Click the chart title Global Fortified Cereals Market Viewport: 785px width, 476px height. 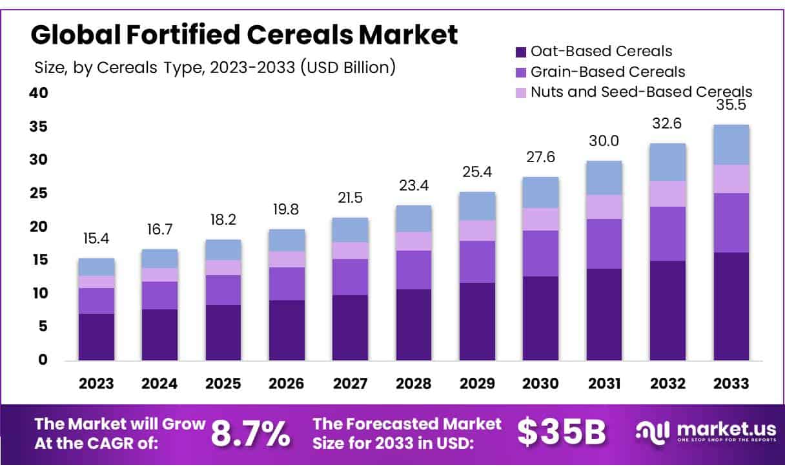[x=244, y=34]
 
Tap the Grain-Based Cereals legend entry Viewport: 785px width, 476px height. [x=607, y=72]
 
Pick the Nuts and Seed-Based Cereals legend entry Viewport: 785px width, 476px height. [x=641, y=92]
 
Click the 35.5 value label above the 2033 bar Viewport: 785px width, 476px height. [x=731, y=106]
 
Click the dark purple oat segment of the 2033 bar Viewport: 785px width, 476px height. [x=731, y=306]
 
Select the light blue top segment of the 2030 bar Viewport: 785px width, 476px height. [x=540, y=192]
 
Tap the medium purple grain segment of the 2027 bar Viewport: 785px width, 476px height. [x=350, y=277]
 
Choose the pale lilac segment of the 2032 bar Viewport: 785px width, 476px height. [x=668, y=194]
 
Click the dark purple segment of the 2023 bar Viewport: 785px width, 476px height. [x=96, y=336]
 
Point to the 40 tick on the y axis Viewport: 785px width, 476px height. [x=39, y=93]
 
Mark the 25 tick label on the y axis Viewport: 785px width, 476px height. [x=39, y=193]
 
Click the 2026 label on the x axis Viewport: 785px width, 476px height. [x=287, y=384]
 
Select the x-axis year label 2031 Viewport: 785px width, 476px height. [x=604, y=384]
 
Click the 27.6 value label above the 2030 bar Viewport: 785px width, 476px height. [x=540, y=158]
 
